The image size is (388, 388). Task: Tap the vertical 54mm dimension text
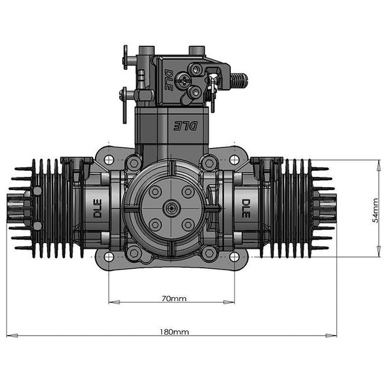coord(375,209)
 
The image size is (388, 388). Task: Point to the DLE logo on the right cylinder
coord(246,208)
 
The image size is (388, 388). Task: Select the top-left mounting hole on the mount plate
coord(109,160)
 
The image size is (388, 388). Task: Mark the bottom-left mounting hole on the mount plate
coord(109,257)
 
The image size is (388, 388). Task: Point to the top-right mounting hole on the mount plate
coord(235,160)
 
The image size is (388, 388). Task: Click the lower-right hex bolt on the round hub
coord(188,224)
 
